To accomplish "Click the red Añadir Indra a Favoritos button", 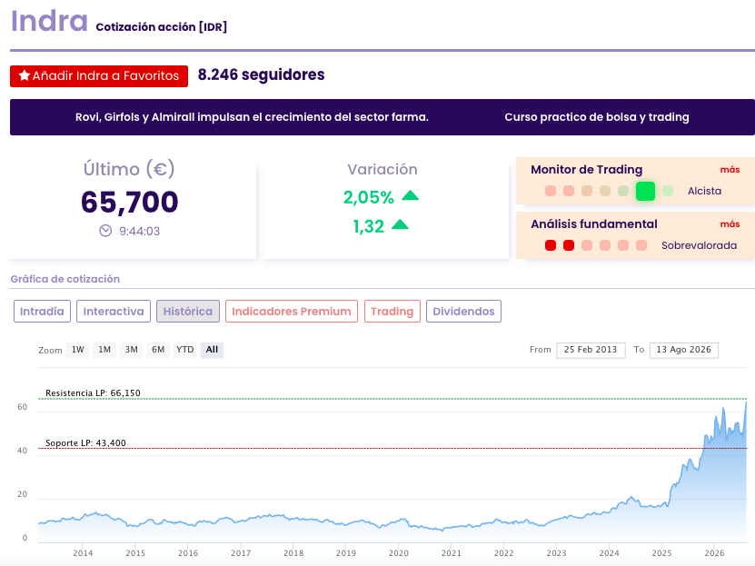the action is (99, 76).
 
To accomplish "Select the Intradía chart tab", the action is (42, 312).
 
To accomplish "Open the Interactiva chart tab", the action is (114, 312).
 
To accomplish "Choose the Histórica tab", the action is (188, 312).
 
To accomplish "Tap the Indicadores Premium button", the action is (292, 312).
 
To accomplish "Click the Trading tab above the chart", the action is (392, 312).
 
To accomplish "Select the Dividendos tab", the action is (463, 312).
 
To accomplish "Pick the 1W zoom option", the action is (78, 350).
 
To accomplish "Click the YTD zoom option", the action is (185, 350).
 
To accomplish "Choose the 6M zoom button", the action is (158, 350).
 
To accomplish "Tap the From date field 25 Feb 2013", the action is (591, 350).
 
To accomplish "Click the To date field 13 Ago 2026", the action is (684, 350).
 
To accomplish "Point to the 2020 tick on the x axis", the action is (399, 553).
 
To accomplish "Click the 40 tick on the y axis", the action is (22, 451).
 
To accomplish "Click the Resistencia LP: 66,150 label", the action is (93, 393).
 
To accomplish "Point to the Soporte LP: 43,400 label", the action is (85, 443).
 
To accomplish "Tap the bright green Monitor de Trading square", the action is (645, 191).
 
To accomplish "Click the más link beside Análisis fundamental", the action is (730, 224).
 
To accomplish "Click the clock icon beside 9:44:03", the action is (105, 231).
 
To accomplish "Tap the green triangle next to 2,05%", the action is (411, 195).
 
